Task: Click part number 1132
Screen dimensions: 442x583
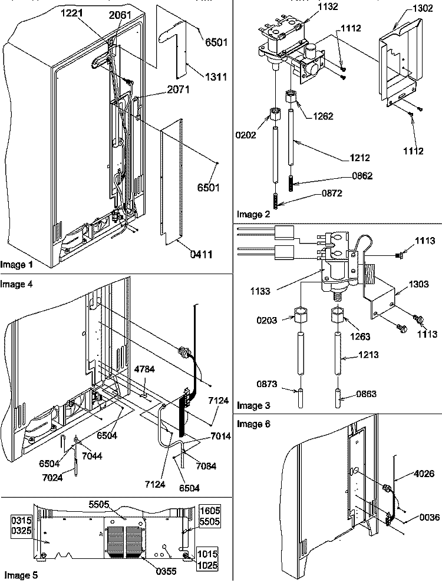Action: pyautogui.click(x=327, y=6)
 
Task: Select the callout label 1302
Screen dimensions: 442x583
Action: pyautogui.click(x=423, y=8)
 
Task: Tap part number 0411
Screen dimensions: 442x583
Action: pyautogui.click(x=201, y=254)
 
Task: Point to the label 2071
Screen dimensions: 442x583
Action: pyautogui.click(x=179, y=89)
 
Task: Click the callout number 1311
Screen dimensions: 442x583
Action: pyautogui.click(x=216, y=77)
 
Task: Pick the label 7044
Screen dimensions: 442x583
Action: pyautogui.click(x=92, y=456)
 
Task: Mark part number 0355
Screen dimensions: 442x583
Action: pyautogui.click(x=166, y=571)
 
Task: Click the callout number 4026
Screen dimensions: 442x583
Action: pyautogui.click(x=423, y=474)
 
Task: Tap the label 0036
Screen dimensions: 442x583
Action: pyautogui.click(x=430, y=517)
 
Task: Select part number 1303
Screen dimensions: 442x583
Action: pyautogui.click(x=418, y=284)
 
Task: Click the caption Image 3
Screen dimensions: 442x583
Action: pyautogui.click(x=253, y=405)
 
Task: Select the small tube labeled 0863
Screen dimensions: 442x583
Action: pyautogui.click(x=338, y=398)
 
